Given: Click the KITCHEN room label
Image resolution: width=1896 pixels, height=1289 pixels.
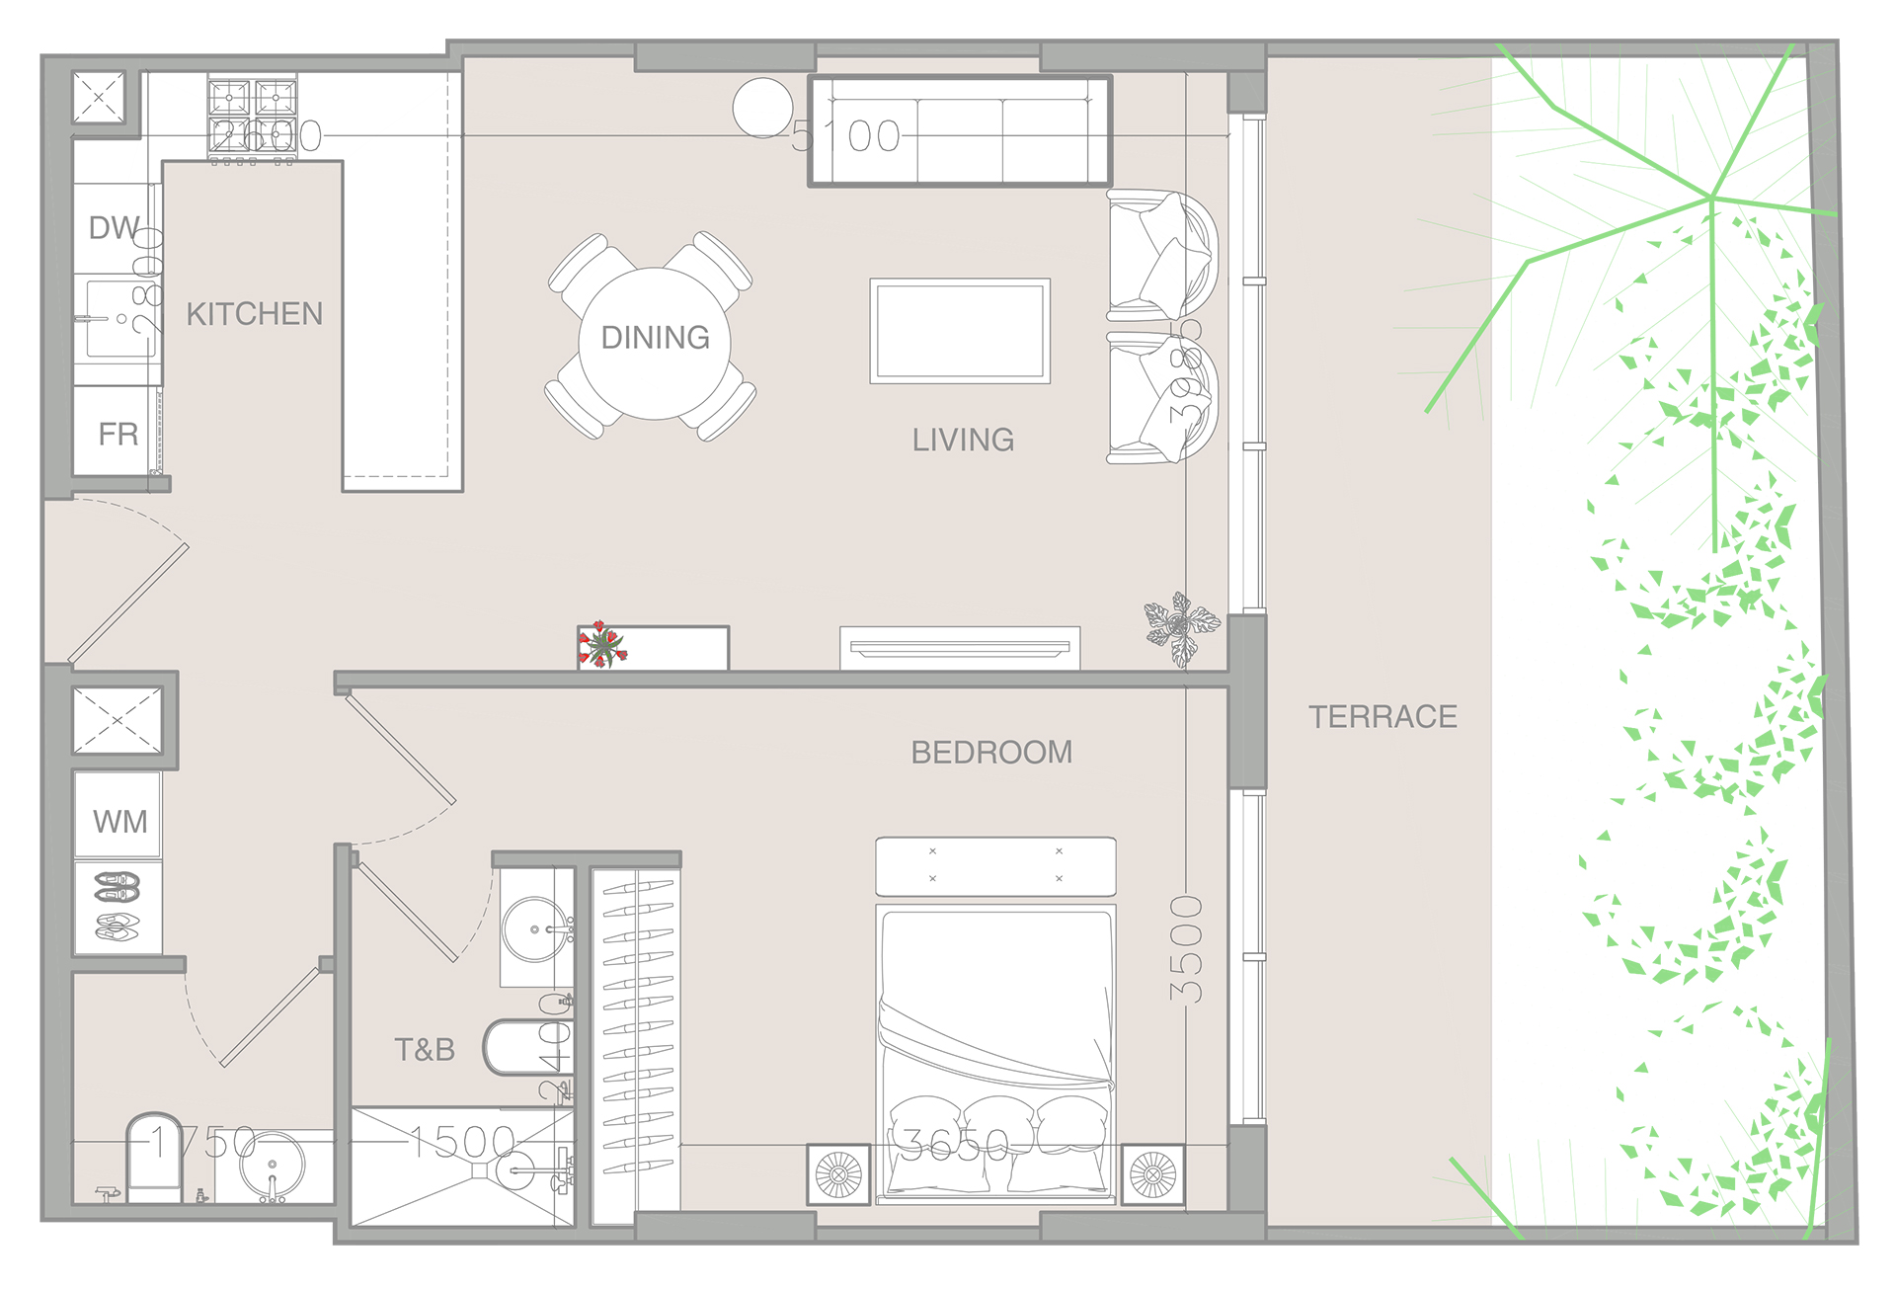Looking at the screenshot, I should [x=254, y=314].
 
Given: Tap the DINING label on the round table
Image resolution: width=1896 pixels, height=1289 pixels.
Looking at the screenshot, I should [x=655, y=338].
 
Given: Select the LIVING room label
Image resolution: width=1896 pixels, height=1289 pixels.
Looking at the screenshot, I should [x=963, y=440].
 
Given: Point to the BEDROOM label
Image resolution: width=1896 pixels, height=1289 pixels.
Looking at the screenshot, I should [x=991, y=753].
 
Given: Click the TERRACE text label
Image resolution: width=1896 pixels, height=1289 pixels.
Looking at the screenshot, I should [x=1382, y=717].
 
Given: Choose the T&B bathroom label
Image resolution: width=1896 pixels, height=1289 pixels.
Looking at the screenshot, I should [x=425, y=1049].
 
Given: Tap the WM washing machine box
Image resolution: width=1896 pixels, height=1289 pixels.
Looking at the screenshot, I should [x=119, y=820].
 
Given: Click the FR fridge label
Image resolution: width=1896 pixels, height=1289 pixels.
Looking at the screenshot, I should [x=118, y=434].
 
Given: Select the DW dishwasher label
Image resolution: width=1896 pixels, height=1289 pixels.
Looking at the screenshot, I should [x=114, y=228].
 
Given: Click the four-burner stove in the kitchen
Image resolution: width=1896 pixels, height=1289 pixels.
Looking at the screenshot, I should [x=252, y=117].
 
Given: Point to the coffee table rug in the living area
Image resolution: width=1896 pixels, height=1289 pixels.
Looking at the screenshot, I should [x=959, y=331].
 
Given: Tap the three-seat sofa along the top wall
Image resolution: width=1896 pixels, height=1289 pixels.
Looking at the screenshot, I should [x=959, y=130].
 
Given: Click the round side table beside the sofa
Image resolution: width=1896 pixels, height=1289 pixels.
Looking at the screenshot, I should [x=762, y=108].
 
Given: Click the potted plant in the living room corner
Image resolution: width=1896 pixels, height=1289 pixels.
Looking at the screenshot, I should [x=1181, y=627].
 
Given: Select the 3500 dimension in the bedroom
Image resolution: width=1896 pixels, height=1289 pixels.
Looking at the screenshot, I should [x=1186, y=949].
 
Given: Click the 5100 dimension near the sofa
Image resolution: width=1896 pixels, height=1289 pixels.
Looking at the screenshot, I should [x=846, y=136].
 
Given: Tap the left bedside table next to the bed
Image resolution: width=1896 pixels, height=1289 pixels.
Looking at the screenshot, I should [x=838, y=1174].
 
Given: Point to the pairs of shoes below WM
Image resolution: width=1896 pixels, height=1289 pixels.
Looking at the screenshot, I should [x=118, y=906].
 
